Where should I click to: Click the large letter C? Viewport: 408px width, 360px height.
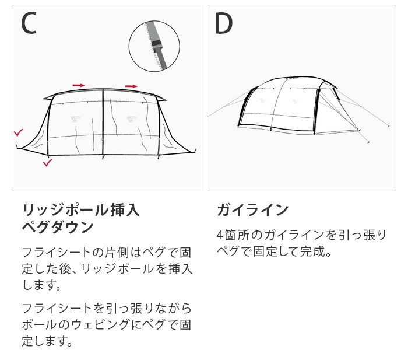point(29,23)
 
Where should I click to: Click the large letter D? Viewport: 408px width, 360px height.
point(224,23)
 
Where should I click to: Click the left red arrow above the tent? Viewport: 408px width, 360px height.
point(78,85)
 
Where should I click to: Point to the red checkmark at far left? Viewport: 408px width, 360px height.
point(19,133)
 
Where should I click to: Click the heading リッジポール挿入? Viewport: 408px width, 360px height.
point(80,209)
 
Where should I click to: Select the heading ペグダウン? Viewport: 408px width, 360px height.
point(57,227)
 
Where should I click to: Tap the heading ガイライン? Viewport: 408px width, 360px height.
point(252,209)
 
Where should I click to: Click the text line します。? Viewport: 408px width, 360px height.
point(41,286)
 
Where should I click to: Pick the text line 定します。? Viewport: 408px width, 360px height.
point(47,341)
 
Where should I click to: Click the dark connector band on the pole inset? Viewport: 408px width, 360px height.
point(155,44)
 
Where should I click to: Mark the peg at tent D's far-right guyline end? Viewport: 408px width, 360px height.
point(389,125)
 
